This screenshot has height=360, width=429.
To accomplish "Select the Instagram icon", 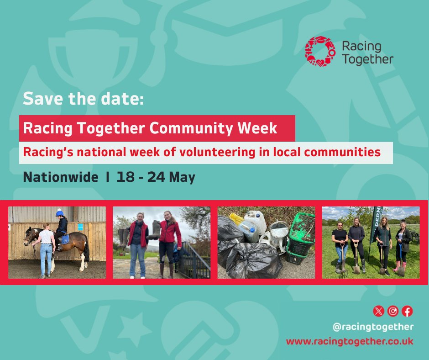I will [392, 311].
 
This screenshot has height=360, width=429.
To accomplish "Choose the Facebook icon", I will [407, 311].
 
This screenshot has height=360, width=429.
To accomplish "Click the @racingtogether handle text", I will [373, 327].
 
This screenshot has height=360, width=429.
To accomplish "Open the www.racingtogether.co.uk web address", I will [350, 341].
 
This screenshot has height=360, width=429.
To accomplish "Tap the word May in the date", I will [182, 177].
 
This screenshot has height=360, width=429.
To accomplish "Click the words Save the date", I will [83, 99].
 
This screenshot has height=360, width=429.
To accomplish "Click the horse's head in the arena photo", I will [30, 237].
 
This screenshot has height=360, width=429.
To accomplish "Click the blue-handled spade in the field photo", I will [400, 260].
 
